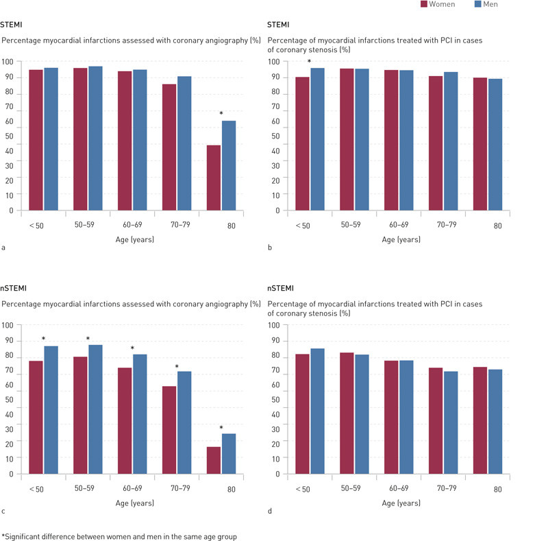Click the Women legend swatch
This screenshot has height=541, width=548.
click(x=425, y=5)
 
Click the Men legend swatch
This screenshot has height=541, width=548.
click(x=478, y=5)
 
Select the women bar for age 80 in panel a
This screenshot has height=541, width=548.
click(x=214, y=178)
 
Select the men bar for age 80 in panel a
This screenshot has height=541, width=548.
click(x=228, y=165)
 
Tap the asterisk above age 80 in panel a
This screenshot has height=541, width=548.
click(x=221, y=114)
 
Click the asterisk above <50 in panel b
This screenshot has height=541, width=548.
click(x=309, y=62)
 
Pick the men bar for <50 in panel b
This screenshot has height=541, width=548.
click(x=317, y=139)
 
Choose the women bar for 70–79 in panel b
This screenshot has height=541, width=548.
click(x=436, y=143)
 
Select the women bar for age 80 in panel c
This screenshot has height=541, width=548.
click(x=214, y=460)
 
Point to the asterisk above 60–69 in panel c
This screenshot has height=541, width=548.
click(x=132, y=348)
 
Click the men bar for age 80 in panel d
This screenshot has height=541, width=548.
click(x=495, y=421)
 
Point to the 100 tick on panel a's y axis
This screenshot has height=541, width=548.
click(x=8, y=62)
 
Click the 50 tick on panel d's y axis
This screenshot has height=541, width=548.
click(x=274, y=400)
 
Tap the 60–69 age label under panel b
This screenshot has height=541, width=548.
click(x=398, y=224)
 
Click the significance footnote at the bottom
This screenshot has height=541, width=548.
click(x=119, y=536)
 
